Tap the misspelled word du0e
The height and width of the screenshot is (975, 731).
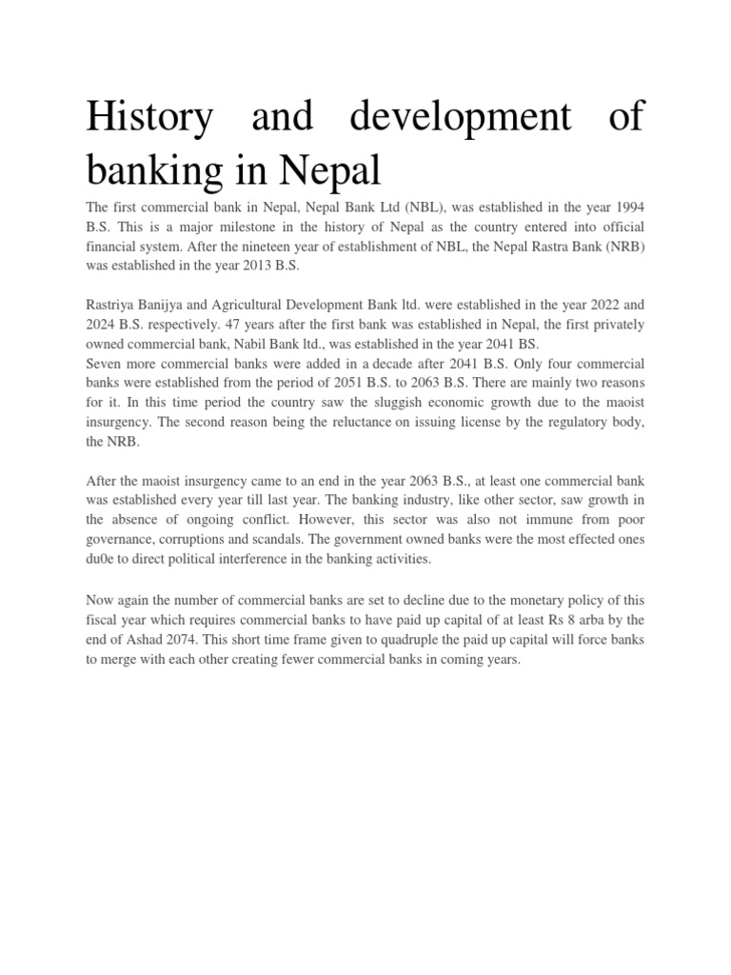tap(102, 559)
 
